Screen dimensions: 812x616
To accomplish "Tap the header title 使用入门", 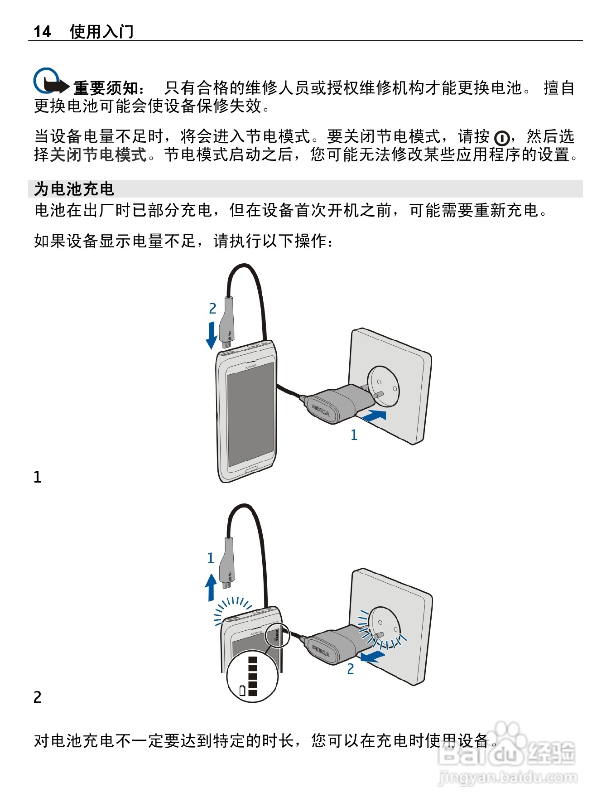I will click(101, 31).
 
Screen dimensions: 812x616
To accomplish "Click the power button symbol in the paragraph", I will click(501, 137).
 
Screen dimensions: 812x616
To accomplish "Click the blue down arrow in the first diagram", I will click(212, 335).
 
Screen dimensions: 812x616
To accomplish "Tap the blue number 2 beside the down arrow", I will click(212, 309).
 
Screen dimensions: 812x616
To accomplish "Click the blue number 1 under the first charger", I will click(354, 435).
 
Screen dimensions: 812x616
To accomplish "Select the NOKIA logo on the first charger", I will click(321, 410).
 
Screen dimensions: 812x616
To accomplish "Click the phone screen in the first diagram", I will click(250, 415).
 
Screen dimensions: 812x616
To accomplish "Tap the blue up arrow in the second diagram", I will click(211, 587).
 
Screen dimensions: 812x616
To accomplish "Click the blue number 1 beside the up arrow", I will click(210, 558).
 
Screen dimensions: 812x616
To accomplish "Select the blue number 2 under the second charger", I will click(351, 669).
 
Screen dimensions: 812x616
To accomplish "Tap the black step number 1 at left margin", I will click(38, 477).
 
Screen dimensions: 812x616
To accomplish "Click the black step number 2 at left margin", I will click(38, 697).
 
